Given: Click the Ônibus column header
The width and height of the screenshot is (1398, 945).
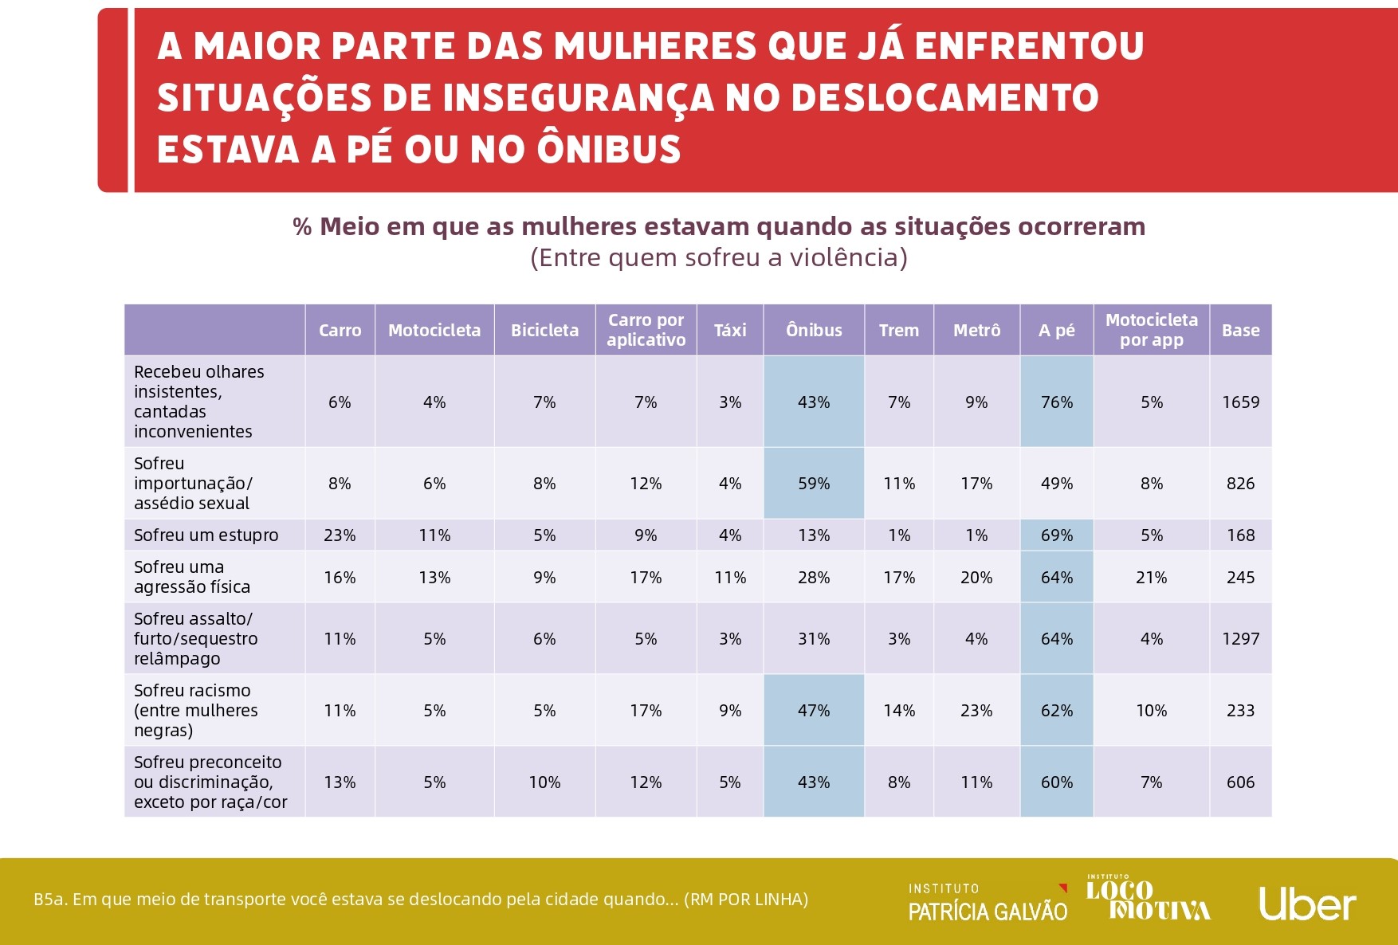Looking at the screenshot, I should [x=814, y=330].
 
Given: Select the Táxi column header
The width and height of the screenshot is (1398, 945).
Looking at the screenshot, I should [x=730, y=330].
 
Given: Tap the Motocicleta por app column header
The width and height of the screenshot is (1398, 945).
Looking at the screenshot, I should [x=1151, y=330].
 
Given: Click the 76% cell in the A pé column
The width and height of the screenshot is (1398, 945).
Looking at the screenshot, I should [x=1057, y=402].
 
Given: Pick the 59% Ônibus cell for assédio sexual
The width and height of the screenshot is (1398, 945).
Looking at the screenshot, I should [x=814, y=484].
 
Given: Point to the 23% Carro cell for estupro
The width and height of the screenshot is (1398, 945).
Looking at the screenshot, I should [x=340, y=535].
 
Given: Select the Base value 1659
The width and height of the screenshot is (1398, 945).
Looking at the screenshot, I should [x=1240, y=402].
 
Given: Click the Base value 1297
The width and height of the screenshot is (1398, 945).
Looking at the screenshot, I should [x=1240, y=639].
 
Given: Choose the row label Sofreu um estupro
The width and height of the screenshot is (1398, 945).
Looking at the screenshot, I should [x=206, y=535].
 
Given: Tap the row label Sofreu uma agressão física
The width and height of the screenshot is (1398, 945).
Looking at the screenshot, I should [x=192, y=577].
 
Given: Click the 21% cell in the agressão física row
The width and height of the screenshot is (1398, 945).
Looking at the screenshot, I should [x=1151, y=578].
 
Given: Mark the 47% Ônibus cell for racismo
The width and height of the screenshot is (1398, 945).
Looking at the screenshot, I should [x=814, y=711].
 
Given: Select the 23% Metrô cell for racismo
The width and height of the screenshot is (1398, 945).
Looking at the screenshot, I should [x=976, y=711].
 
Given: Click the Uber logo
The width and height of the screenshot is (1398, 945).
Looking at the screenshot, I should [x=1307, y=904].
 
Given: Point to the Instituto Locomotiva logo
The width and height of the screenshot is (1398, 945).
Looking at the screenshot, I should [x=1148, y=899].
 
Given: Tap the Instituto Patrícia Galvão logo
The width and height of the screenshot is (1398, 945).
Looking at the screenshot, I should [x=988, y=903].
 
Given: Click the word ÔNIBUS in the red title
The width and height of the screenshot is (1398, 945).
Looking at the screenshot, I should [x=609, y=149].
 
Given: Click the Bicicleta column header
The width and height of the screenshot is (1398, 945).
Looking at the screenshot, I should [x=544, y=330].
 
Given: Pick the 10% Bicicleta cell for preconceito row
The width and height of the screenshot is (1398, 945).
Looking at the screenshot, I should [x=544, y=782].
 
